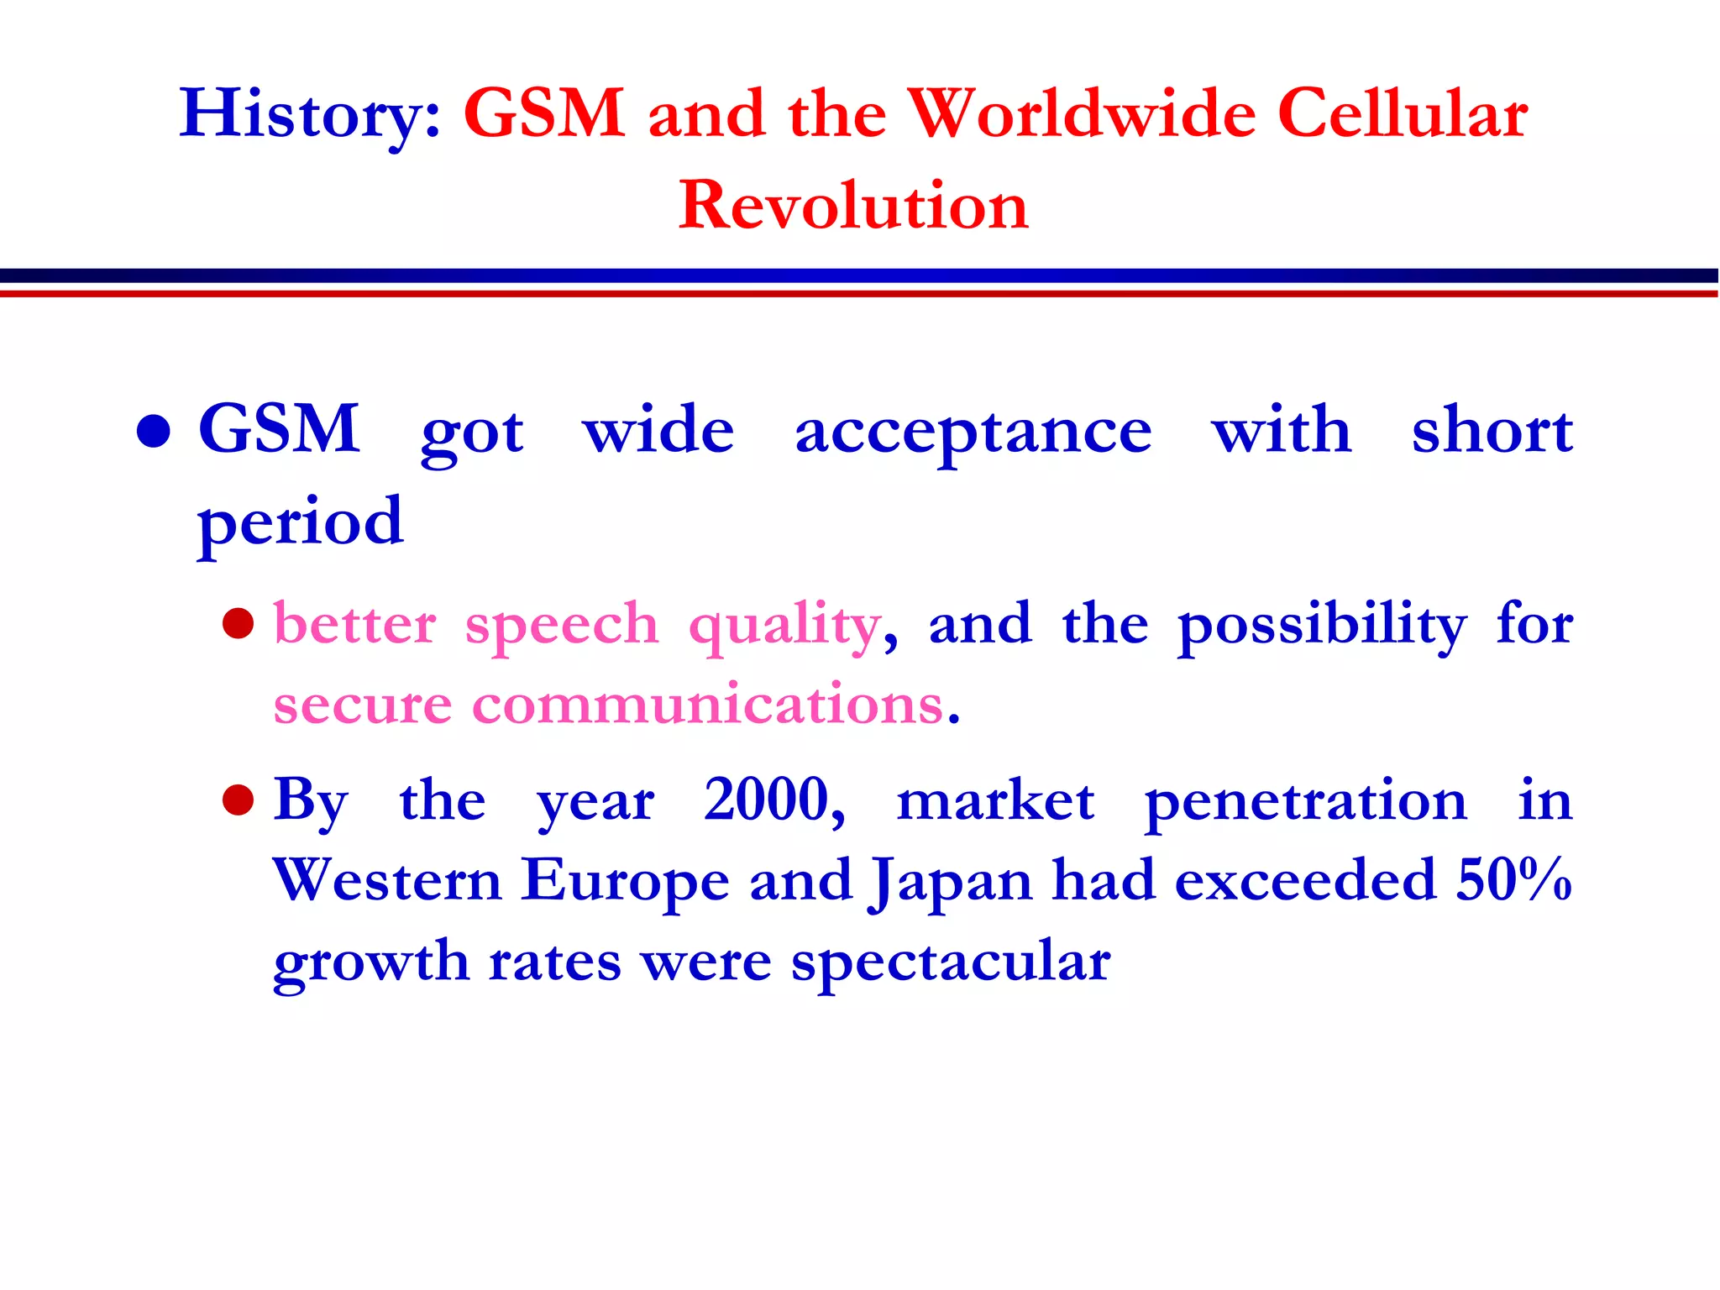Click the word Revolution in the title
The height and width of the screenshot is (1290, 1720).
853,206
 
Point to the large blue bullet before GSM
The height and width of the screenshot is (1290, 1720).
154,432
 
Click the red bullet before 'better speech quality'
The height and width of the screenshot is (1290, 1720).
239,624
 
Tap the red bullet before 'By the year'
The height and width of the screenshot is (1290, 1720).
239,800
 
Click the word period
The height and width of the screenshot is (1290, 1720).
301,522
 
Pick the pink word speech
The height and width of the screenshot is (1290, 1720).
562,626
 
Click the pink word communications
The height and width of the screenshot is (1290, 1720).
708,704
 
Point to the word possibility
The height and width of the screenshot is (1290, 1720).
1322,626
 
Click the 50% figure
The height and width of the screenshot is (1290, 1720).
1513,880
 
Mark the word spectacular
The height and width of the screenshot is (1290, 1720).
951,962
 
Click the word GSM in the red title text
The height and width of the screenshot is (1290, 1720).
544,114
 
